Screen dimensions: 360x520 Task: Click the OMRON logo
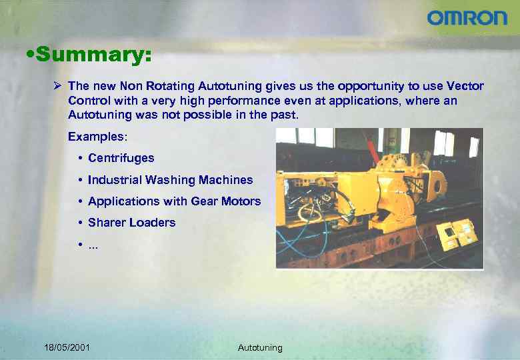pyautogui.click(x=467, y=18)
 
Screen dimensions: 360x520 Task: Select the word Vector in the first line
pyautogui.click(x=465, y=86)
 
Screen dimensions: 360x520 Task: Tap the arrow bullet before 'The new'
pyautogui.click(x=59, y=86)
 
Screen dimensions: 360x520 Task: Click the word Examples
pyautogui.click(x=96, y=136)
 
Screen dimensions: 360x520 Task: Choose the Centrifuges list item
pyautogui.click(x=121, y=158)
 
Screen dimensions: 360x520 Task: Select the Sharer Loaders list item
pyautogui.click(x=131, y=223)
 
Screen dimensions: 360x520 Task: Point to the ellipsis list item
pyautogui.click(x=93, y=245)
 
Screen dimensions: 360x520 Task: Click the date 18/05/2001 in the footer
pyautogui.click(x=67, y=347)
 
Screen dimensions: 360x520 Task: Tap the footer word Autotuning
pyautogui.click(x=260, y=347)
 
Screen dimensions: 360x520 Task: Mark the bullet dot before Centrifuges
pyautogui.click(x=80, y=159)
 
